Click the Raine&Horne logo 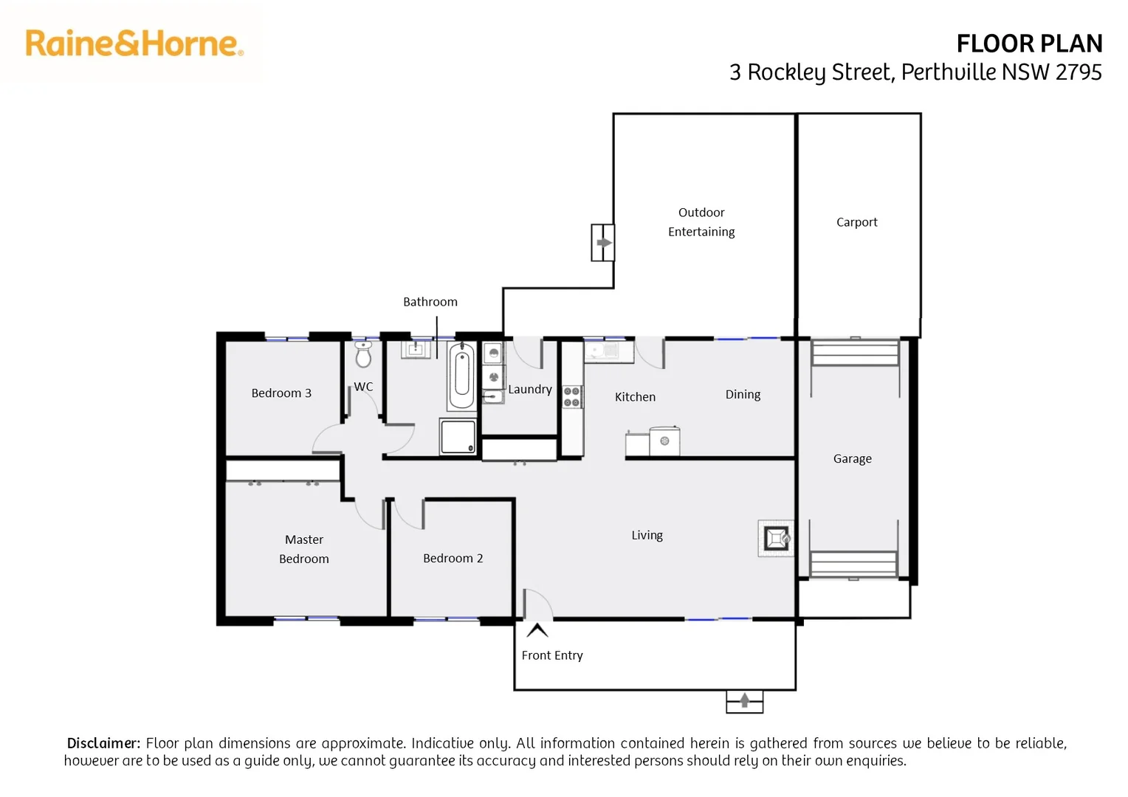pos(134,44)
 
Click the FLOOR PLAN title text pos(1028,44)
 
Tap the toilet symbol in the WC pos(363,355)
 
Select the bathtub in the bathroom pos(461,376)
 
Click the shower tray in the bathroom pos(458,436)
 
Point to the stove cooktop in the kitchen pos(571,397)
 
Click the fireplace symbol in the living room pos(776,538)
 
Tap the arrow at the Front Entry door pos(537,630)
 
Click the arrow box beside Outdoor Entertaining pos(603,243)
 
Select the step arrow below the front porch pos(744,700)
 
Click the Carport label pos(856,222)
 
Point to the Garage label pos(852,459)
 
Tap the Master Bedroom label pos(304,549)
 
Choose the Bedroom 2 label pos(453,559)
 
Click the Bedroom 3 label pos(281,393)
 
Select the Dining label pos(743,395)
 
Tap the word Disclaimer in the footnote pos(103,743)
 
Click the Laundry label pos(530,390)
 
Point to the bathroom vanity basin pos(416,348)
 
